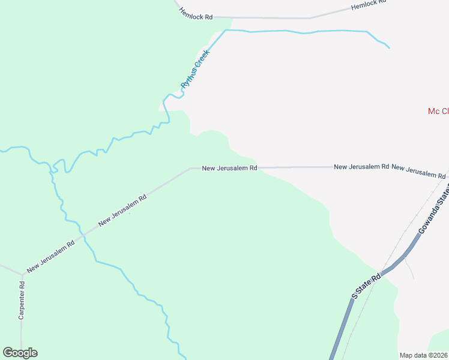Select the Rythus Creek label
194,74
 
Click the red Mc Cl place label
438,111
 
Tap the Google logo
20,353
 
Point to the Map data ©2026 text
423,355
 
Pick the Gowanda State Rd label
435,212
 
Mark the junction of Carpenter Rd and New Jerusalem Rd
23,275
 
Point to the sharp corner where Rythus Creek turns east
226,30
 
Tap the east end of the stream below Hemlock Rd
389,47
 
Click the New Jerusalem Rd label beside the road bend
229,169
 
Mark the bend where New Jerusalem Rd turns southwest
190,169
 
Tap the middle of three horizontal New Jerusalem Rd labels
361,166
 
